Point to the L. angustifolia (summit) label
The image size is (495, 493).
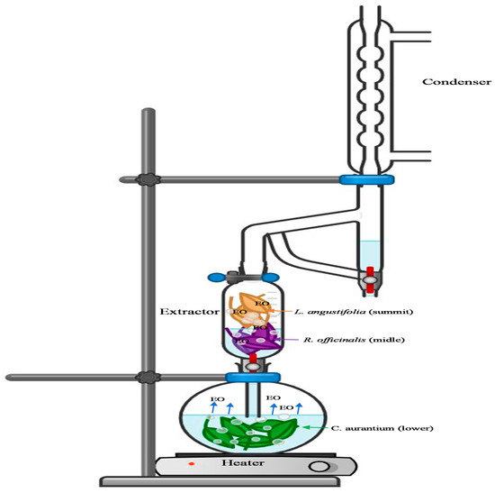[x=339, y=312]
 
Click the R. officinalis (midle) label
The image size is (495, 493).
[x=337, y=340]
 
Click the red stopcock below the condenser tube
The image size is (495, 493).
[x=369, y=276]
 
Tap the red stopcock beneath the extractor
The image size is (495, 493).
[x=254, y=359]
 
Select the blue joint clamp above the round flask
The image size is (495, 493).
[x=254, y=375]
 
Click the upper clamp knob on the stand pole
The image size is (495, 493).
[x=147, y=179]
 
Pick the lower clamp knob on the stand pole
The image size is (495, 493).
[x=147, y=375]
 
